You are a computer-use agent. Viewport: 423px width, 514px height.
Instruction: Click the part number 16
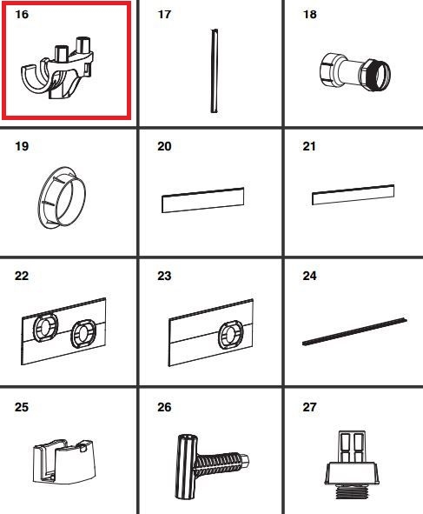pos(22,15)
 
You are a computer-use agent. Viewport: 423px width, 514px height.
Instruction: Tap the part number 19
pos(22,146)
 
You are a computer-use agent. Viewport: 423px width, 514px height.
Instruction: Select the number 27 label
pos(310,407)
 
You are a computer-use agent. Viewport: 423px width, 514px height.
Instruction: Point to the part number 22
pos(22,276)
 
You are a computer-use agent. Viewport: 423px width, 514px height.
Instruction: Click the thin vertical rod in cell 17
pos(215,70)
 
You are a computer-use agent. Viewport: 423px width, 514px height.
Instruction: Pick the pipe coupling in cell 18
pos(355,71)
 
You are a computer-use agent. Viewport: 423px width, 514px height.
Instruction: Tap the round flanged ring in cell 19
pos(63,197)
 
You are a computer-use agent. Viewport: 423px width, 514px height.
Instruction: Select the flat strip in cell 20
pos(202,200)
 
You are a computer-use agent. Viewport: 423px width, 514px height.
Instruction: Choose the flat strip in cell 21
pos(353,195)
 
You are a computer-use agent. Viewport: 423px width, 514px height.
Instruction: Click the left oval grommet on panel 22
pos(45,327)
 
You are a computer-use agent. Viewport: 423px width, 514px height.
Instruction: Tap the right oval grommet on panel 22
pos(83,335)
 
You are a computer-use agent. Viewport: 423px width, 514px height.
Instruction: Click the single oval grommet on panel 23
pos(230,334)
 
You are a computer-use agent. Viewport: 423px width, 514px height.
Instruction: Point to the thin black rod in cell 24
pos(354,331)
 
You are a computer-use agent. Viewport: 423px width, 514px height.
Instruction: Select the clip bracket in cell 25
pos(64,462)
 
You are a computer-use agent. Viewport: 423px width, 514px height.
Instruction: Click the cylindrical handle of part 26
pos(187,466)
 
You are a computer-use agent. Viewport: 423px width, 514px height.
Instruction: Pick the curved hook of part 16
pos(36,78)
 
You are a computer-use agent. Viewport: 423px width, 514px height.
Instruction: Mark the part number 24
pos(310,276)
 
